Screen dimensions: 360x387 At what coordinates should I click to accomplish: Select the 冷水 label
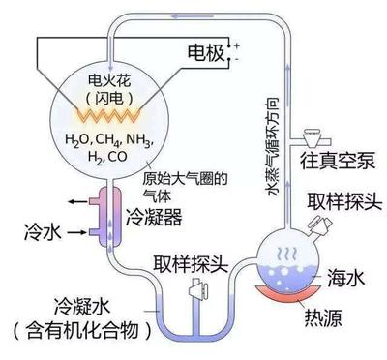coord(42,232)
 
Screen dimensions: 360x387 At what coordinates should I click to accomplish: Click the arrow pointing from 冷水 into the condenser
coord(76,232)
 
